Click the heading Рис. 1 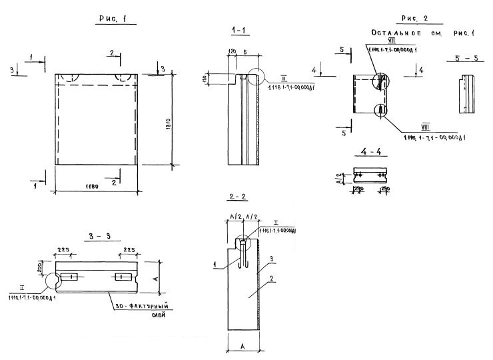pos(107,20)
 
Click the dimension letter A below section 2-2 pos(243,347)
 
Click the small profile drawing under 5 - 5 pos(464,91)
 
